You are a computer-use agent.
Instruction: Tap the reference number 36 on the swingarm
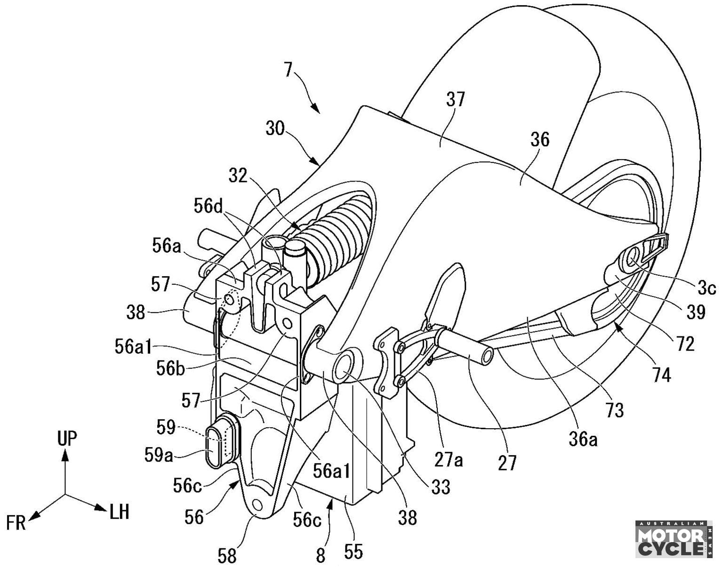[539, 139]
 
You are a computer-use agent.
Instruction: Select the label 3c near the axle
[707, 288]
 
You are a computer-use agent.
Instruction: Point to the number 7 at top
[289, 70]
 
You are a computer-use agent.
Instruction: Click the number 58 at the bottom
[227, 556]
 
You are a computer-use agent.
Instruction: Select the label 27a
[449, 459]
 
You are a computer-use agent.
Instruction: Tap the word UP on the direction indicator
[66, 439]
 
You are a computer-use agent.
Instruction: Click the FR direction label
[16, 522]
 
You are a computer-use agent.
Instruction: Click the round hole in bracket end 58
[257, 505]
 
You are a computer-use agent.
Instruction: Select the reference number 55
[353, 551]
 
